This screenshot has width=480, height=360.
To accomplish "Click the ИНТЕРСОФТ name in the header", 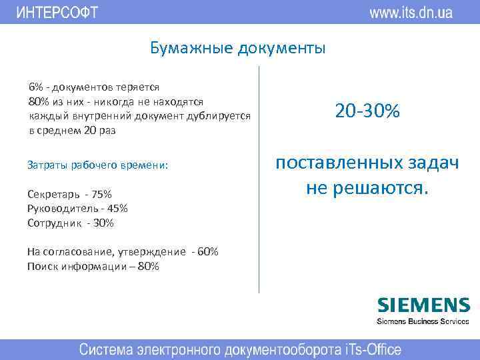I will pos(57,12).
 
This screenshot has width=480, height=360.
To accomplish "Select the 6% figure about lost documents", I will pos(35,87).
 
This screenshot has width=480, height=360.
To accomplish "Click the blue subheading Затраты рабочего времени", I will pos(98,165).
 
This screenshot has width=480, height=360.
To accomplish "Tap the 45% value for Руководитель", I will pos(117,208).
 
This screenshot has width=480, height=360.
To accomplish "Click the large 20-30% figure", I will pos(367,111).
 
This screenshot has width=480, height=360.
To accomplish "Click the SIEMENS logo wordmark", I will pos(423,305).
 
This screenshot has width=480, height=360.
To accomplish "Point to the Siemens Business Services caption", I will pos(423,321).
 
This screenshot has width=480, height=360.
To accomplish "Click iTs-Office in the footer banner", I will pos(363,349).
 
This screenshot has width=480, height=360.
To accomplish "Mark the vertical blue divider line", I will pos(259,180).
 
